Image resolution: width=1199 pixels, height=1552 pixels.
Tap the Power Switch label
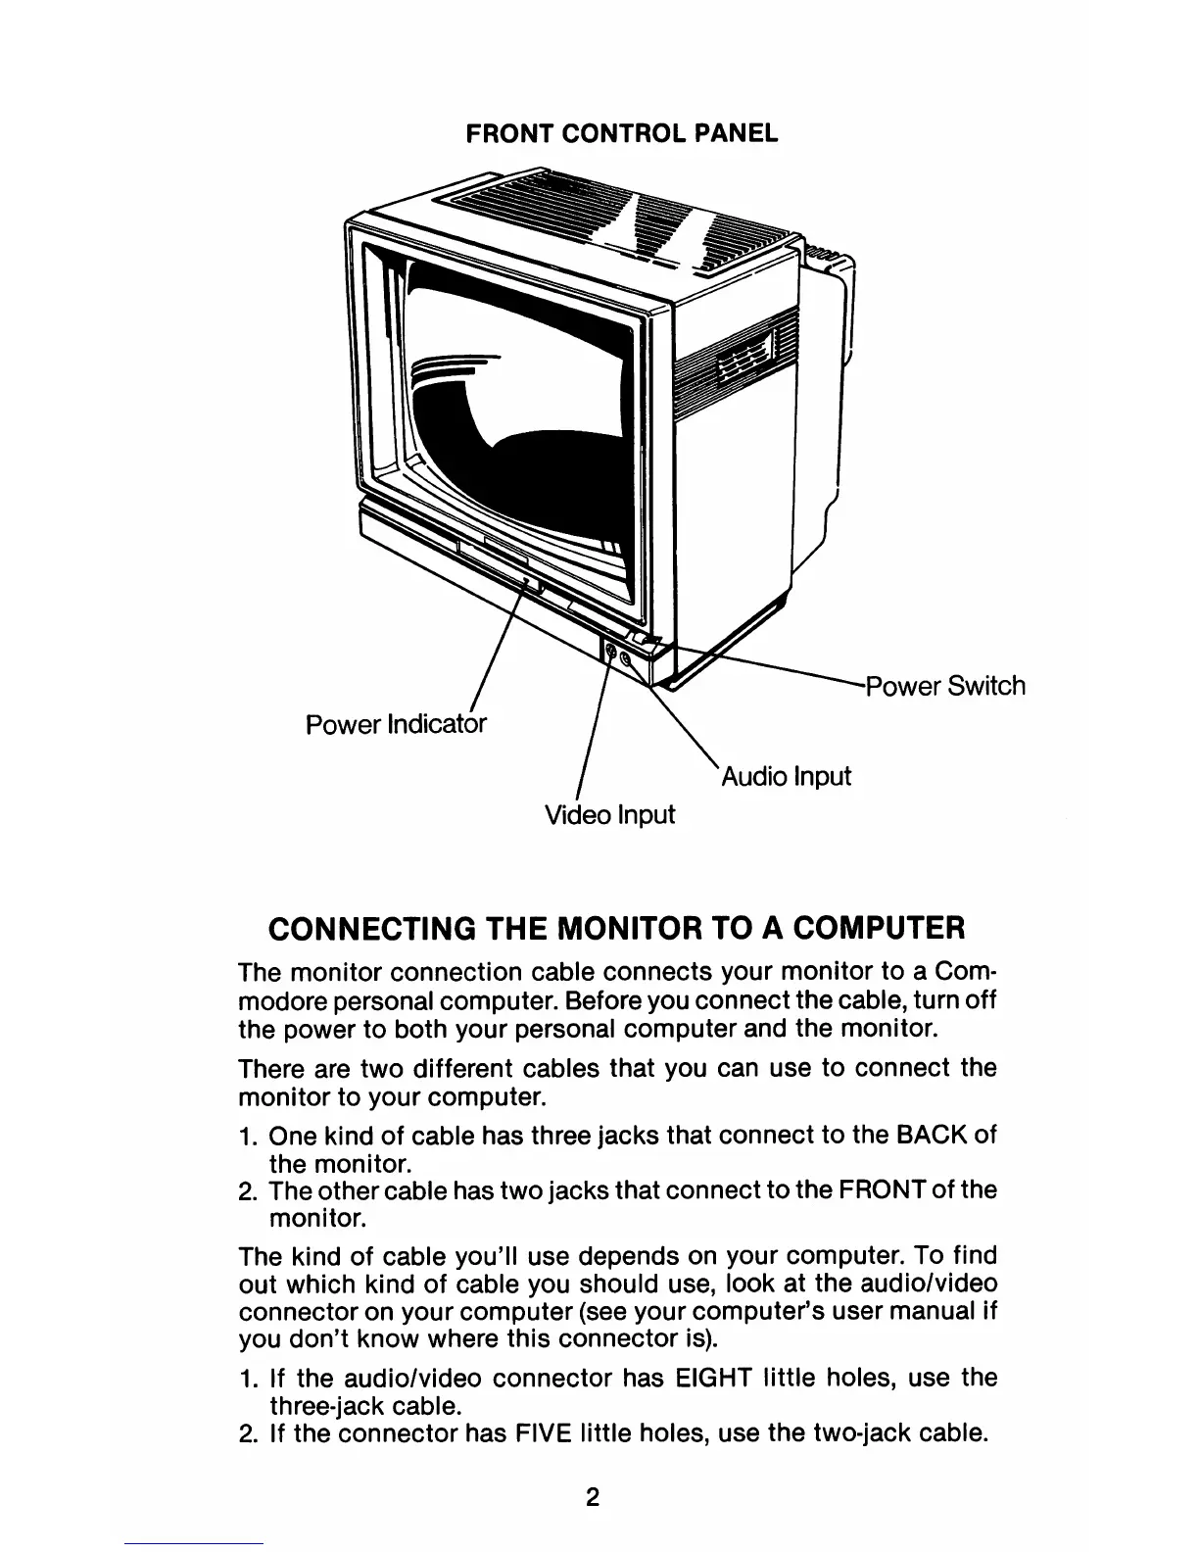point(946,685)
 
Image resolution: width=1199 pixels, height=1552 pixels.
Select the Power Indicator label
point(396,725)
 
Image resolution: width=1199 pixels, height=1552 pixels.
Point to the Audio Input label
point(787,777)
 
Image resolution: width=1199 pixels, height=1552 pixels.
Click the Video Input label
point(609,814)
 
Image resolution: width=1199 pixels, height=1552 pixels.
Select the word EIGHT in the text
point(711,1379)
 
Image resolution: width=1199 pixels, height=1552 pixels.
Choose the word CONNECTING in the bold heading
point(373,926)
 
